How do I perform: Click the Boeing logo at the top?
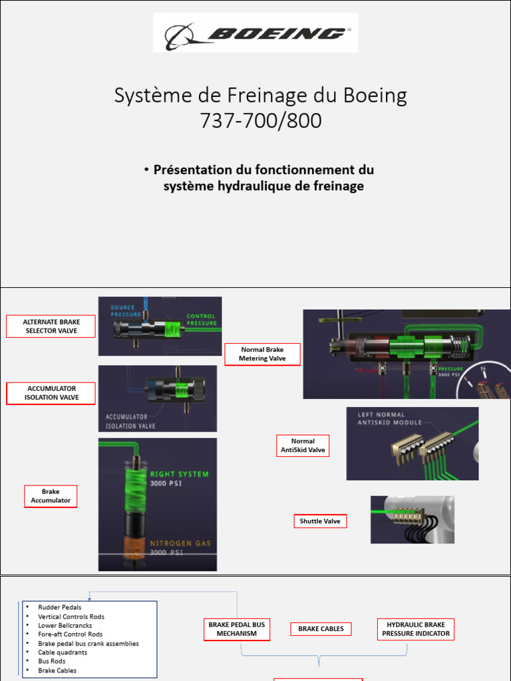255,33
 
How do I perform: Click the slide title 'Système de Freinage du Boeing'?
260,96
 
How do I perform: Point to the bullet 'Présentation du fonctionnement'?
263,170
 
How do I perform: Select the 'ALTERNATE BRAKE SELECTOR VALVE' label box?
51,326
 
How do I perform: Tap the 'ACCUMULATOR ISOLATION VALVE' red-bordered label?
51,393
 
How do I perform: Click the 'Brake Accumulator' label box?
51,496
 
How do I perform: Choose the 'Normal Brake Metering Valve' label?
262,354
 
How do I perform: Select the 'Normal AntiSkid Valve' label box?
303,446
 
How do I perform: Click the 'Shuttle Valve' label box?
319,521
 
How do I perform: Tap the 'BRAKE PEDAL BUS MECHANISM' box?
236,629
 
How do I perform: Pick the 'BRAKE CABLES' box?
321,628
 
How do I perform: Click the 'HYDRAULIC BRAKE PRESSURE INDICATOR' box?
416,629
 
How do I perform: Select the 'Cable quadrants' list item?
63,652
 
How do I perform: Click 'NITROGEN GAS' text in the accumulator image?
180,543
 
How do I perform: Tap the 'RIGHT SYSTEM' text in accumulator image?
179,474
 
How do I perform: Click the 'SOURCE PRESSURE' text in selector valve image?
126,311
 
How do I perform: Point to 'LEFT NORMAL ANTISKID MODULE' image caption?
390,418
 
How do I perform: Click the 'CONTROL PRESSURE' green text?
201,320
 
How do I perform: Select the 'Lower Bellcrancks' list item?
65,625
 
